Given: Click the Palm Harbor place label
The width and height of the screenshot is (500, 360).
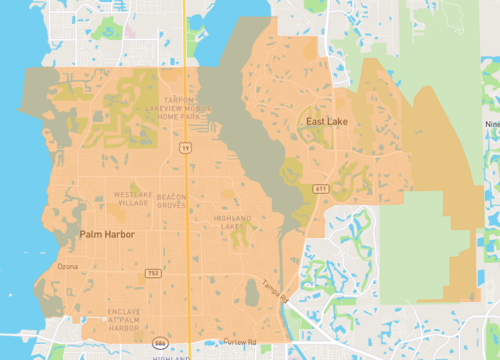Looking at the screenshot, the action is (x=106, y=234).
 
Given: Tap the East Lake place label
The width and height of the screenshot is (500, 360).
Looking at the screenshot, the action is (x=326, y=122).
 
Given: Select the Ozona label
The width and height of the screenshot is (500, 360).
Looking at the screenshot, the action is (x=67, y=266).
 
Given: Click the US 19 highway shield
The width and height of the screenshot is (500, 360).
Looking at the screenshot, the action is (x=186, y=147).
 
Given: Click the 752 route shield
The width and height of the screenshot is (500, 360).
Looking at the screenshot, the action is (x=153, y=272).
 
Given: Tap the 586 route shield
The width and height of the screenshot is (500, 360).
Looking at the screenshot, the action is (x=161, y=342).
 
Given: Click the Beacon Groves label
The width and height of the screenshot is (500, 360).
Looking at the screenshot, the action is (x=171, y=198).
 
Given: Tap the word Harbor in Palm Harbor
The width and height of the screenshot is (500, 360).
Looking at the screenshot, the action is (x=118, y=234).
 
